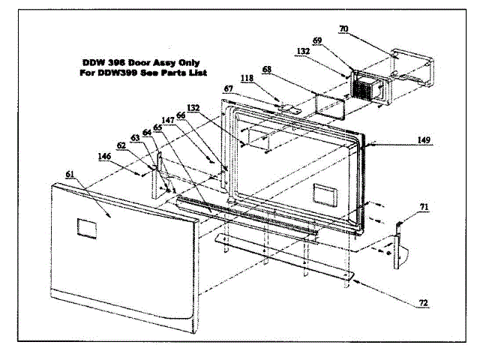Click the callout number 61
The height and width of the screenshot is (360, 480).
(x=70, y=174)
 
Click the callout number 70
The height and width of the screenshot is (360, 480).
(x=343, y=28)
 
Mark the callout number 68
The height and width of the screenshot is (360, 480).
(x=266, y=70)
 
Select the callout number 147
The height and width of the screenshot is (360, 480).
(x=166, y=120)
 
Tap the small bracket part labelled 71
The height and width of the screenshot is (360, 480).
(x=400, y=238)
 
